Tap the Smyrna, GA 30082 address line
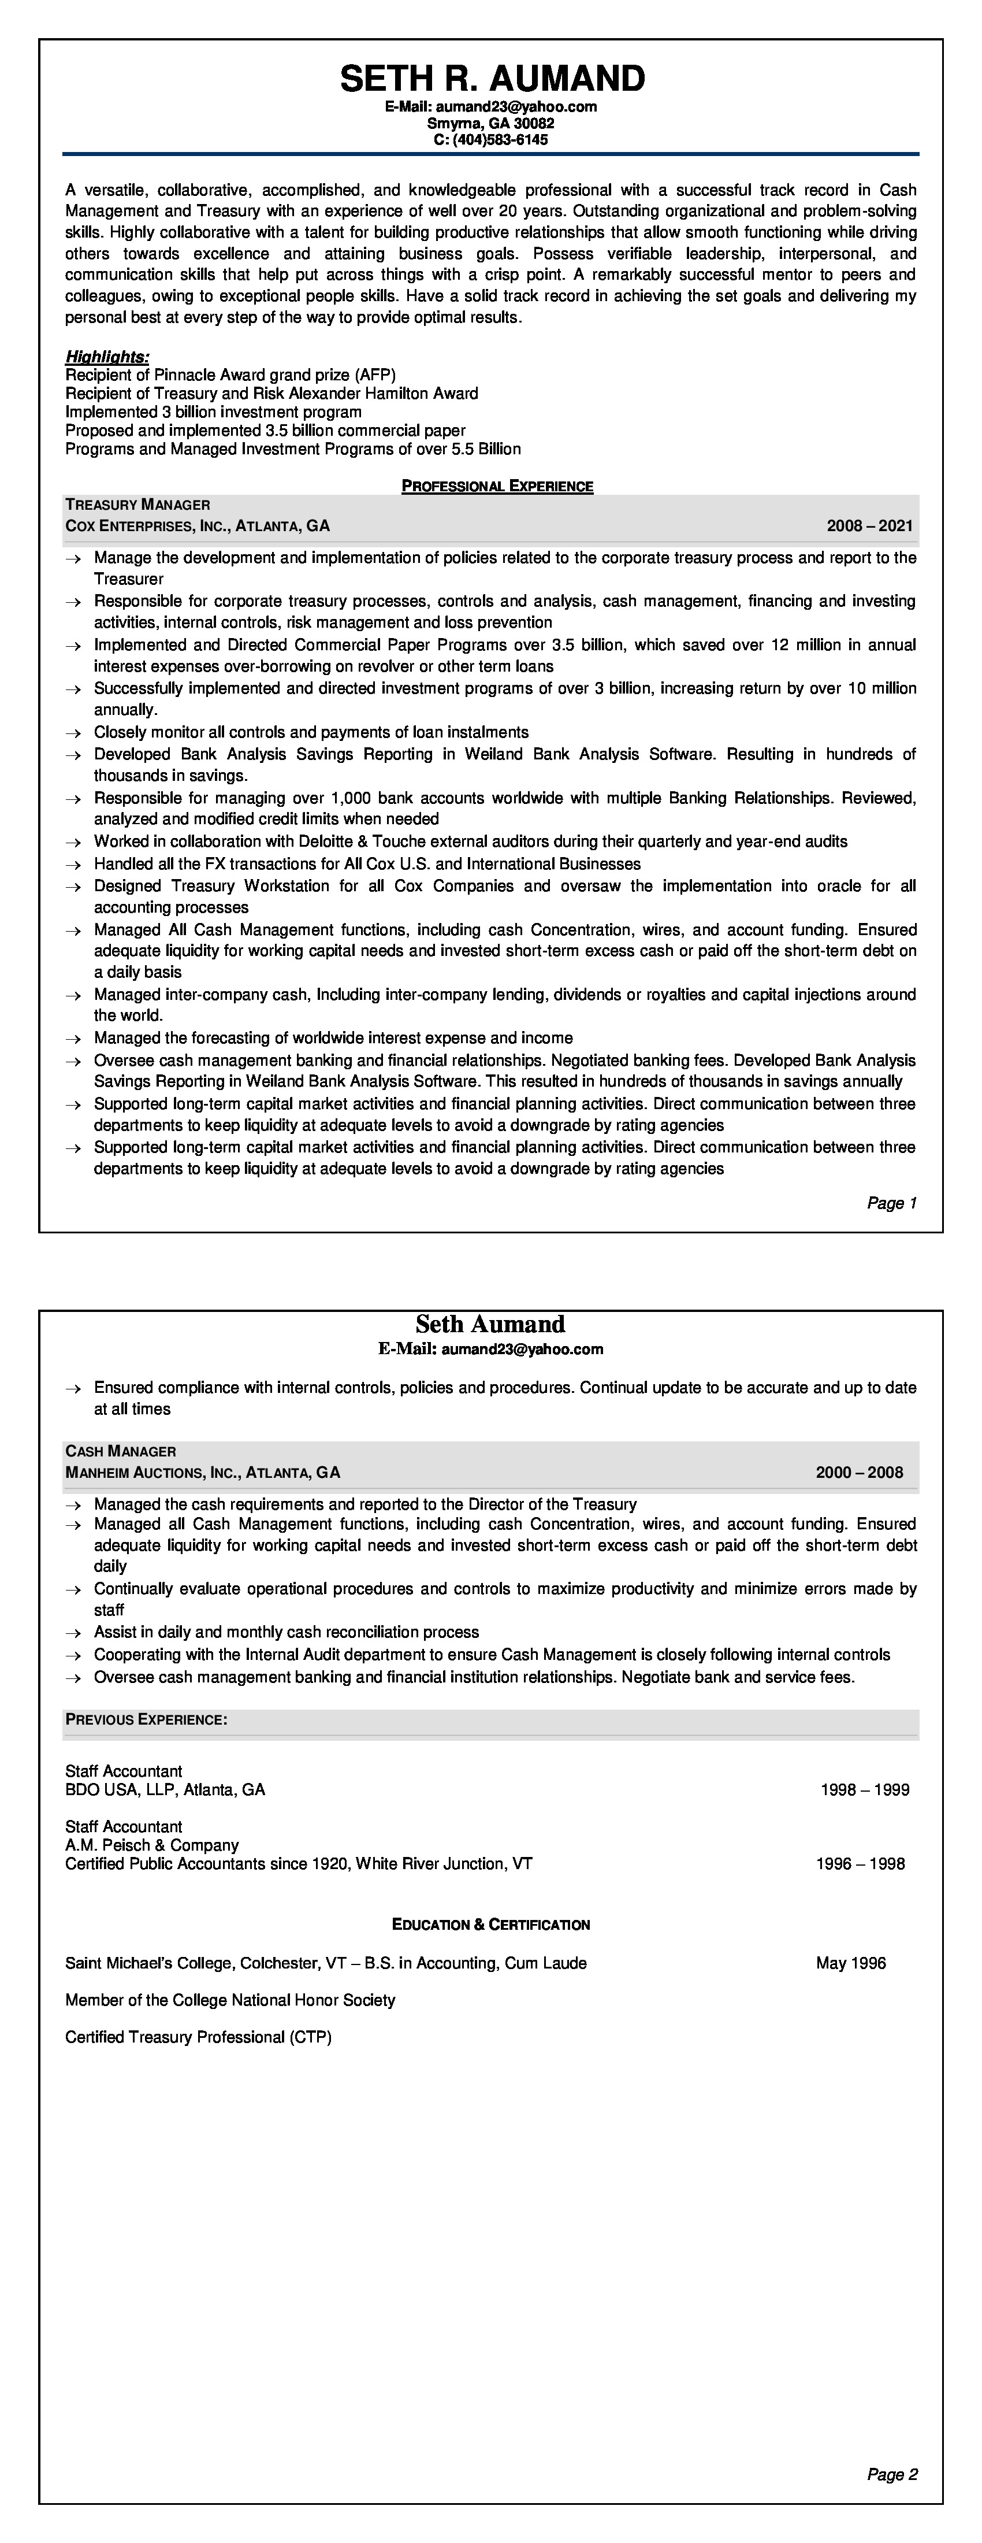[490, 124]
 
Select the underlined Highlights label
[107, 357]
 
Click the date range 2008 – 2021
[869, 526]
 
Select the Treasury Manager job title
[137, 505]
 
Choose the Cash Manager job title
[120, 1451]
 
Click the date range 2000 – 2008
[858, 1473]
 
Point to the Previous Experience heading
[146, 1719]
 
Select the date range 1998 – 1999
[865, 1790]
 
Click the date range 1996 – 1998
[860, 1864]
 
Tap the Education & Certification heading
[490, 1925]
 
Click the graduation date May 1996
[851, 1963]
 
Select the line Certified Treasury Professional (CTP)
[198, 2037]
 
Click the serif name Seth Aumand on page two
[490, 1325]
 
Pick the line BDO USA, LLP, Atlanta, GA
[165, 1790]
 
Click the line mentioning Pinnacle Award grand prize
[230, 375]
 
